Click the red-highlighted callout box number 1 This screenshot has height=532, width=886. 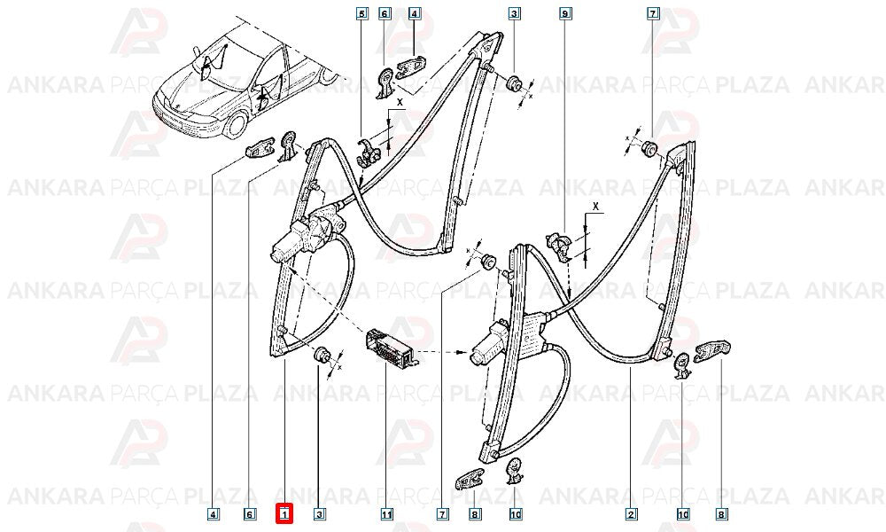[x=284, y=514]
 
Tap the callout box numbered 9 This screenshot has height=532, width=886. [x=564, y=12]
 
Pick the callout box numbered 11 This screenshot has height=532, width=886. [x=386, y=514]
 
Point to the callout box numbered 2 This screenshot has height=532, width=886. [x=631, y=514]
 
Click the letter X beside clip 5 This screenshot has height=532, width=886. [x=400, y=102]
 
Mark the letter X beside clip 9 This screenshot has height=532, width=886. [x=595, y=206]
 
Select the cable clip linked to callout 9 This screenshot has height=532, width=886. [x=561, y=245]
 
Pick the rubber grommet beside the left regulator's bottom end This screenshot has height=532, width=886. [x=323, y=355]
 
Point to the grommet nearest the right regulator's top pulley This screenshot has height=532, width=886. [x=649, y=147]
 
